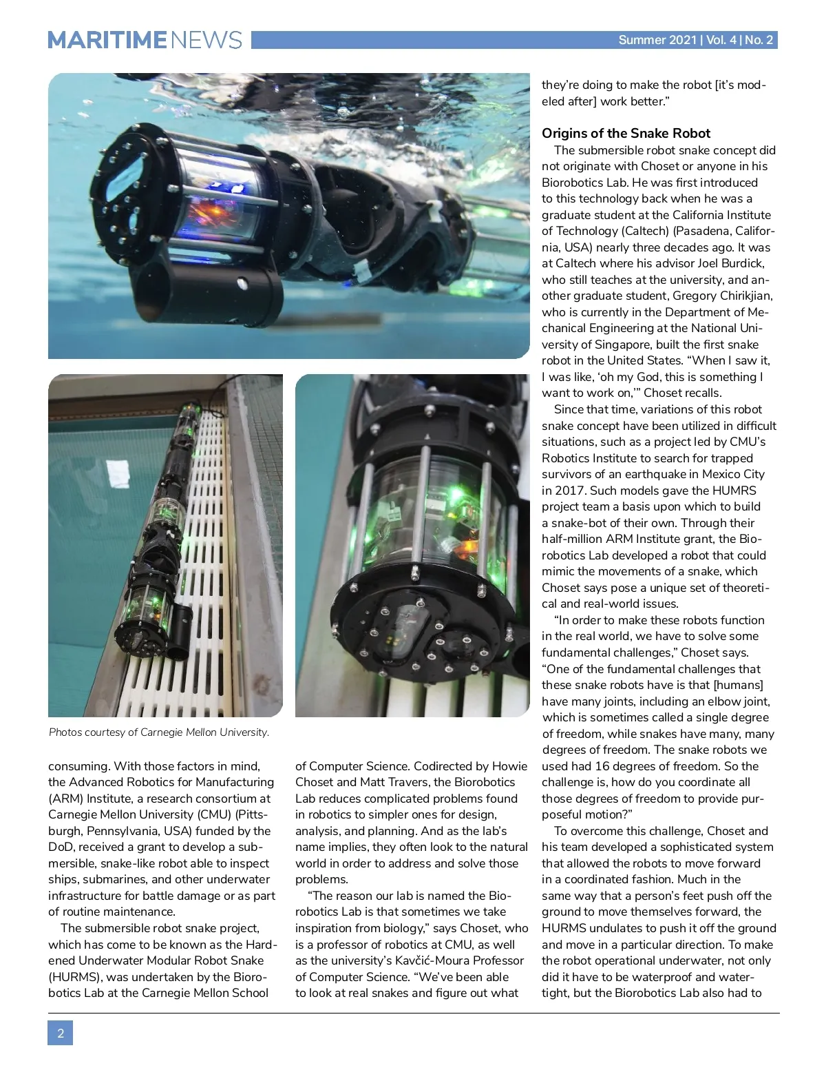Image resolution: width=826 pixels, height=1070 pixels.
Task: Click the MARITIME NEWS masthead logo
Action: tap(145, 40)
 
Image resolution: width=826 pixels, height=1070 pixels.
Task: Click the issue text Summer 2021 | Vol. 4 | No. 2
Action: tap(695, 40)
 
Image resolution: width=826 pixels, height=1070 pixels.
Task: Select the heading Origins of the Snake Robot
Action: tap(626, 134)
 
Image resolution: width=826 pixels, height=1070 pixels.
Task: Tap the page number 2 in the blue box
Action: tap(61, 1033)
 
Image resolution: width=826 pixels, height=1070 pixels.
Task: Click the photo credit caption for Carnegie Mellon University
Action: tap(159, 732)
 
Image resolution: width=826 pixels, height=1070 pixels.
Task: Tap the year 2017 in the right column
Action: tap(557, 491)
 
